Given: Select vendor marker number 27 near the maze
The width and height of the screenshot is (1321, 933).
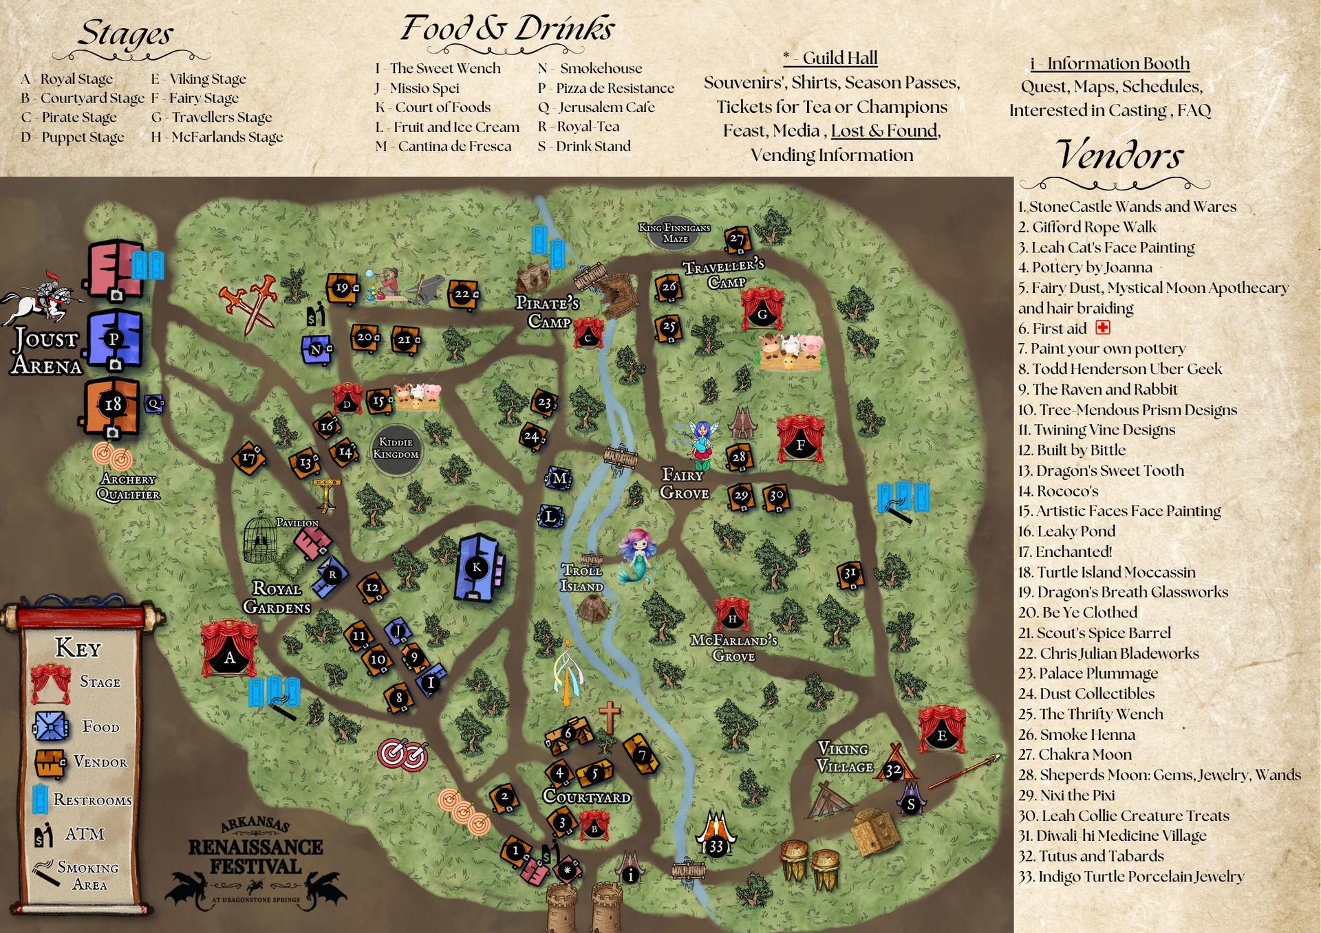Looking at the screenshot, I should point(737,239).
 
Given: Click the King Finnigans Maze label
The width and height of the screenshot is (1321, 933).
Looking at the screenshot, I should point(674,233).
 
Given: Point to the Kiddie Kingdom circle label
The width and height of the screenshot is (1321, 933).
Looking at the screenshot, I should point(396,448).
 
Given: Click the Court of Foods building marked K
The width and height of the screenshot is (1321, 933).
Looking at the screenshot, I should point(477,567).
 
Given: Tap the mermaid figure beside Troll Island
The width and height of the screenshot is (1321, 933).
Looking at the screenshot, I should point(637,554).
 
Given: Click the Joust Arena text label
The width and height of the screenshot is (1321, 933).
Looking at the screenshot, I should point(46,351).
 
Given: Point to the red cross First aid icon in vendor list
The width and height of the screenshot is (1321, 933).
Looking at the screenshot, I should point(1103,327).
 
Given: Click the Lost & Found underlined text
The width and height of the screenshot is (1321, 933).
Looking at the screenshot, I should point(885,131).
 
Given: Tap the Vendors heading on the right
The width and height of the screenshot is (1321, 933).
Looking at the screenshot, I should point(1119,155).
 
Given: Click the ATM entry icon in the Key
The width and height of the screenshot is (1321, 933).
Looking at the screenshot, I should point(44,834).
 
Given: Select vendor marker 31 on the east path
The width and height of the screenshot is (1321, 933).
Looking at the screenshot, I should point(850,573).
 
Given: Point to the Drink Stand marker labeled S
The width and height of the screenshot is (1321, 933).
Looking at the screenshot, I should point(911,803).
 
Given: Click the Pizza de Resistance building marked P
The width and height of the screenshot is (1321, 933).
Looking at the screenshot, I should point(114,338).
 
